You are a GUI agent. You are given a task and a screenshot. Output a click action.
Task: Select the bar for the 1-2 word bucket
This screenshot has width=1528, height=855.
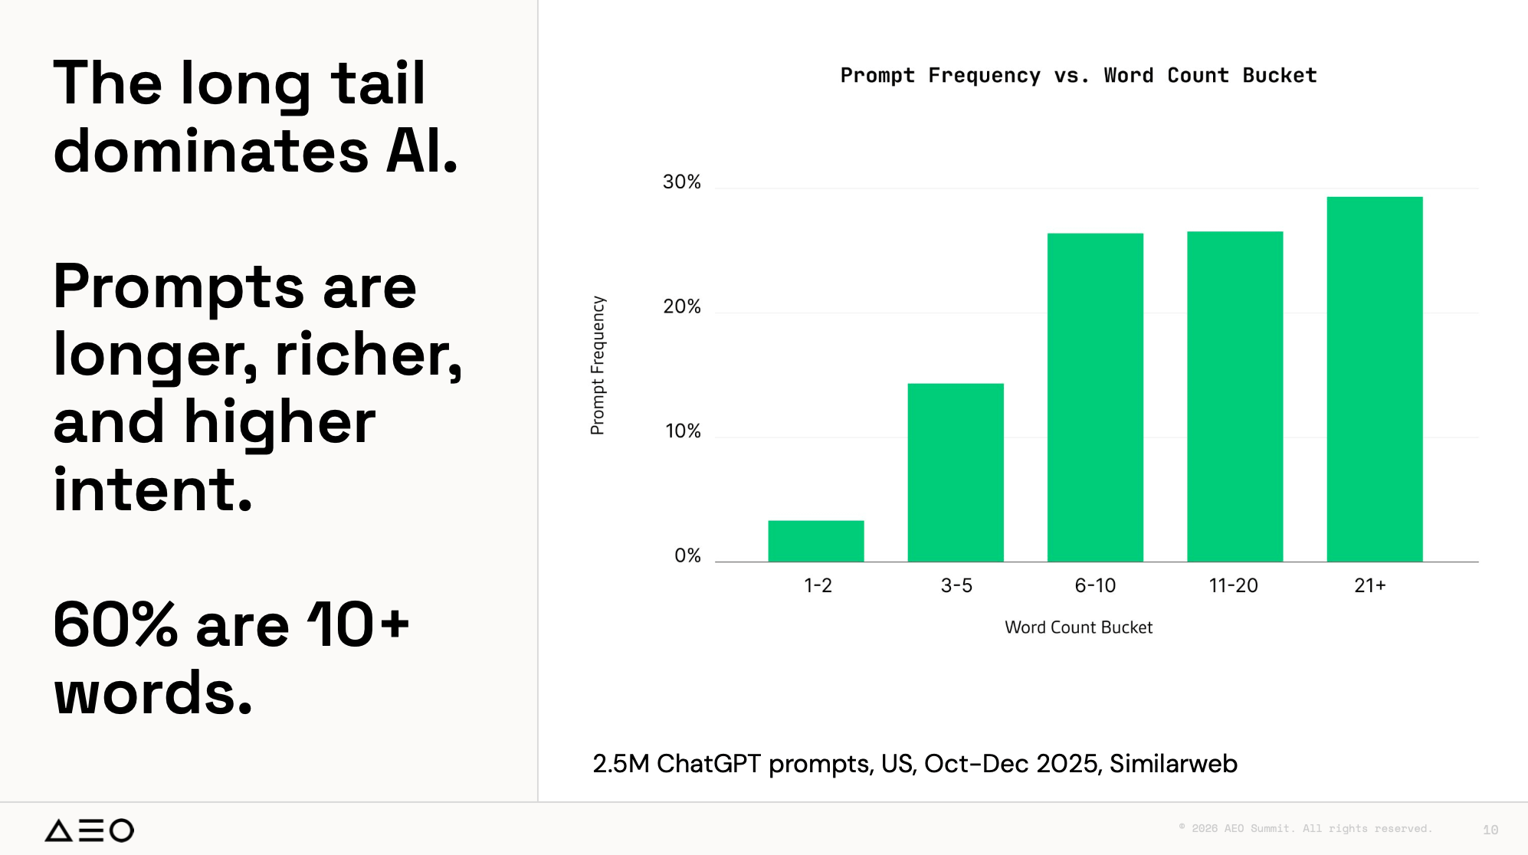point(816,541)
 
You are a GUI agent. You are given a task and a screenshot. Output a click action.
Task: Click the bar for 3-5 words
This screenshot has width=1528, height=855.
point(956,473)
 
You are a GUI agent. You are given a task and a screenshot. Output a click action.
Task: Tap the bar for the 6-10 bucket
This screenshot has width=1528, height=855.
point(1095,398)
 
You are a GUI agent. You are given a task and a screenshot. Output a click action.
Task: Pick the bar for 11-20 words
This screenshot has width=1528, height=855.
point(1235,397)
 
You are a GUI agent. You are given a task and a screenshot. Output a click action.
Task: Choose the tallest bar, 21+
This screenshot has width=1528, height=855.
point(1375,379)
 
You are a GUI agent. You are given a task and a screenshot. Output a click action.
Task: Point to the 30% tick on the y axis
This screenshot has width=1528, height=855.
point(681,182)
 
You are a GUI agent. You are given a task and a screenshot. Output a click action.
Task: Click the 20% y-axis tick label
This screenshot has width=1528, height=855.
point(681,307)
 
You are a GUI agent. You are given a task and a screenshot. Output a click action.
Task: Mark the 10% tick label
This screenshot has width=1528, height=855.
point(683,431)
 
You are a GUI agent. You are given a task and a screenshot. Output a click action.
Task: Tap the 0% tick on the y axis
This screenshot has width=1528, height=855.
point(687,556)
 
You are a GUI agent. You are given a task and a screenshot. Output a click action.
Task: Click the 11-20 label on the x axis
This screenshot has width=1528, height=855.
point(1233,586)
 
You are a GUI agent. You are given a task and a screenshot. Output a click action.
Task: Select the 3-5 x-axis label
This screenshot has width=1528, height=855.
point(956,586)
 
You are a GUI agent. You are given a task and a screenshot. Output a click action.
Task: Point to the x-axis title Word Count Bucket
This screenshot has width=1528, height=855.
point(1078,627)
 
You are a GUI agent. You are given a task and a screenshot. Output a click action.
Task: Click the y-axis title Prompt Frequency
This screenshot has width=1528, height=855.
point(598,365)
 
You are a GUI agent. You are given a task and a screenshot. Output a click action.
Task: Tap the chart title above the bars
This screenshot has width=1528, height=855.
point(1078,76)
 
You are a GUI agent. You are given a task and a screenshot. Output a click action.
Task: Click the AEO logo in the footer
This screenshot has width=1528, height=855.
point(89,830)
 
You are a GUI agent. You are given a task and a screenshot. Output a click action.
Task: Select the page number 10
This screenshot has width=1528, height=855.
point(1490,830)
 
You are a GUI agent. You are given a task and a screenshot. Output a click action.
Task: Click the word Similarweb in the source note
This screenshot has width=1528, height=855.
point(1173,764)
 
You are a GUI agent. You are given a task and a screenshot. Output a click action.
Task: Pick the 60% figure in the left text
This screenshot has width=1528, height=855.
point(116,625)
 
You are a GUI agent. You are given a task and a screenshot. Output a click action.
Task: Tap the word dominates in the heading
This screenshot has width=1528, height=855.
point(211,151)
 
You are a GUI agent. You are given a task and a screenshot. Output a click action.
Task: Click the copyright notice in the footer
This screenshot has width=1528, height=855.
point(1305,828)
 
